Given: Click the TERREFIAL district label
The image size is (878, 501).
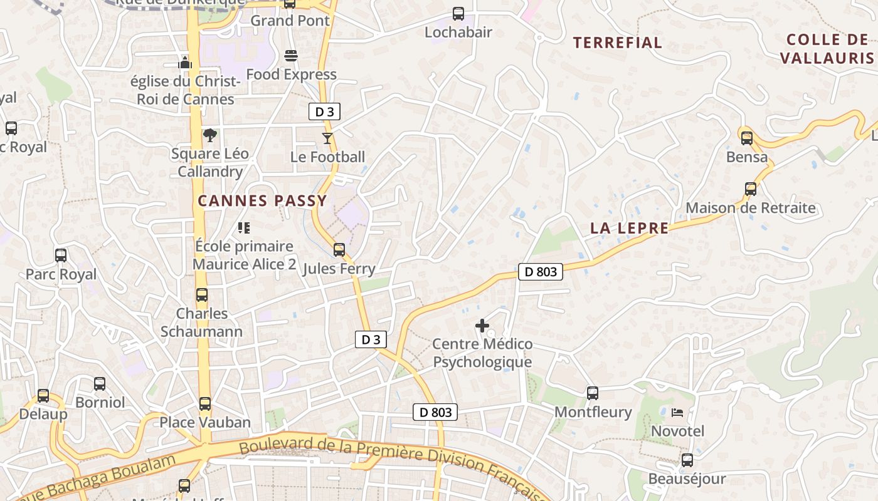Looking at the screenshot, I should tap(618, 43).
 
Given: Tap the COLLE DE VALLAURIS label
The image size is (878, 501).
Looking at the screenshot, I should tap(827, 49).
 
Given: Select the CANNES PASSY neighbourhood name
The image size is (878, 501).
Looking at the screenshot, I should tap(262, 201).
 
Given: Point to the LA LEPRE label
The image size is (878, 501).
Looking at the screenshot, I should tap(629, 229).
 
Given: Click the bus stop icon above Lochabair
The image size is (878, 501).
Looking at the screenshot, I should tap(458, 13).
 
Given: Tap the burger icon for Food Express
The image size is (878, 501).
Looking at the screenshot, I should tap(291, 56).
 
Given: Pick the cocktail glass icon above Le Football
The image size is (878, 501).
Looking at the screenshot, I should tap(327, 138).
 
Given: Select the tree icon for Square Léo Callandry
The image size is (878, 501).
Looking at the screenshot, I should tap(210, 135).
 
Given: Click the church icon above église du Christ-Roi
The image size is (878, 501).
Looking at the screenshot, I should tap(184, 62).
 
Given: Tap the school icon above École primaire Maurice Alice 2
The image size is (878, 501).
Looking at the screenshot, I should tap(244, 228).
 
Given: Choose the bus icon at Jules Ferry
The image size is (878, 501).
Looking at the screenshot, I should tap(339, 250).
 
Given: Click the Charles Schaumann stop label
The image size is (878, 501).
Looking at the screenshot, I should tap(201, 322).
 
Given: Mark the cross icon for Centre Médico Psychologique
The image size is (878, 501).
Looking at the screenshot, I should tap(482, 326).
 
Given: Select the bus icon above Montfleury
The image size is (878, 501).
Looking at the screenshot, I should tap(593, 393).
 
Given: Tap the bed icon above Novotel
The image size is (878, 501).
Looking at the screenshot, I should tap(677, 413).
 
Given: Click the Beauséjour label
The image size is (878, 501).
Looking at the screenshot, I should tap(687, 479).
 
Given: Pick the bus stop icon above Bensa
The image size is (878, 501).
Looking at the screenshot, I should tap(747, 138).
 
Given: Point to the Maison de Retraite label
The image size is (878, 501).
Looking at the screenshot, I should tap(750, 208).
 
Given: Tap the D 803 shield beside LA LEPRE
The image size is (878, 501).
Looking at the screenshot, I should tap(541, 272).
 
